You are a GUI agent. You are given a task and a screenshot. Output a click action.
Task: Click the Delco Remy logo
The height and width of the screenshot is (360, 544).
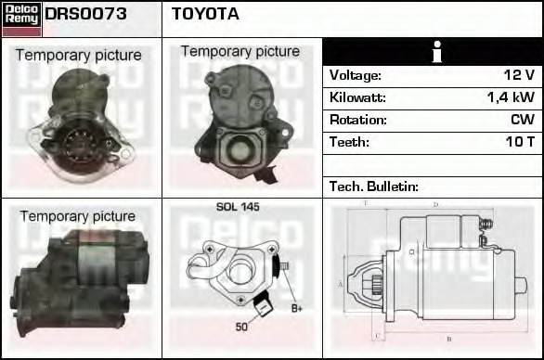coord(21,18)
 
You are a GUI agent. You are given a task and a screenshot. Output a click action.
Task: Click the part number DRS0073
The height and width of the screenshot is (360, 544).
coord(85,14)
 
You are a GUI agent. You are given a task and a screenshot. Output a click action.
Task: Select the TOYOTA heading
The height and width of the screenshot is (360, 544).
coord(205,14)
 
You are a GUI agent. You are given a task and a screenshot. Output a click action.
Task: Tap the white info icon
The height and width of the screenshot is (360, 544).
coord(434,52)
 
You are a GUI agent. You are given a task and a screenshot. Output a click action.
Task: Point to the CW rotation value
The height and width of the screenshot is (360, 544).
coord(522,120)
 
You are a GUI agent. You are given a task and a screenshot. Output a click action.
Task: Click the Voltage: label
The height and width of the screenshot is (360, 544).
coord(356,75)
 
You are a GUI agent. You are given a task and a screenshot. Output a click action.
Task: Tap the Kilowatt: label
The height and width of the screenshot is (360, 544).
coord(358,97)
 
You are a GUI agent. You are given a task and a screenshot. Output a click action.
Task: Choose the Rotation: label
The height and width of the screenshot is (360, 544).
coord(358,120)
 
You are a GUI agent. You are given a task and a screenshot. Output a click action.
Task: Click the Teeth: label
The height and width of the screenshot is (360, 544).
coord(349,142)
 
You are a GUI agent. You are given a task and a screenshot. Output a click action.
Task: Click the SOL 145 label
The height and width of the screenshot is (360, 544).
coord(238,207)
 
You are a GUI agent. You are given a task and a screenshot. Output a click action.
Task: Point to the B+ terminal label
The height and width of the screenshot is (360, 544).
coord(297,308)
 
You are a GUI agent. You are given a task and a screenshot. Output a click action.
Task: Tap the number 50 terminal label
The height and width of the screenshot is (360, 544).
coord(241,327)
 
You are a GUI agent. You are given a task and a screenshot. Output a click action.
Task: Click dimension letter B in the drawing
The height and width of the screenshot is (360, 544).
coord(447,340)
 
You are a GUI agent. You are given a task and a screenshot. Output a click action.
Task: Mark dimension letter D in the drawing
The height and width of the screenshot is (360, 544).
coord(434,204)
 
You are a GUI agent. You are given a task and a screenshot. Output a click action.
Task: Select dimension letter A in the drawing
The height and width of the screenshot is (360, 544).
coord(342,282)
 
